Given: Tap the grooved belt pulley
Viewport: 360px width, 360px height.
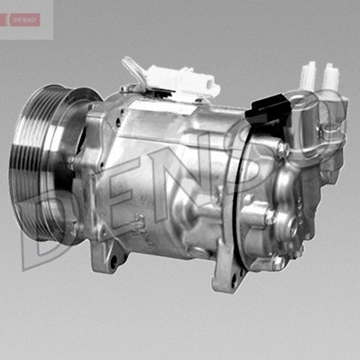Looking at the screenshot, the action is (45, 162).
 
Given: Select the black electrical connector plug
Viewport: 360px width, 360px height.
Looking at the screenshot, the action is (269, 109).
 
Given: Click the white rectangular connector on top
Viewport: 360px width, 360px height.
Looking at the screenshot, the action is (183, 80).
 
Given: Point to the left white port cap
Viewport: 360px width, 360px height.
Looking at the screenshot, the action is (309, 74).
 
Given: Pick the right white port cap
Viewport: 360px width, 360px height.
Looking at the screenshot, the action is (331, 76).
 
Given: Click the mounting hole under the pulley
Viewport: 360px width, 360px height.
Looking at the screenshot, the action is (114, 262).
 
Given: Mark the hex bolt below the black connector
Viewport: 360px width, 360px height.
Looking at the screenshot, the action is (283, 150).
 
